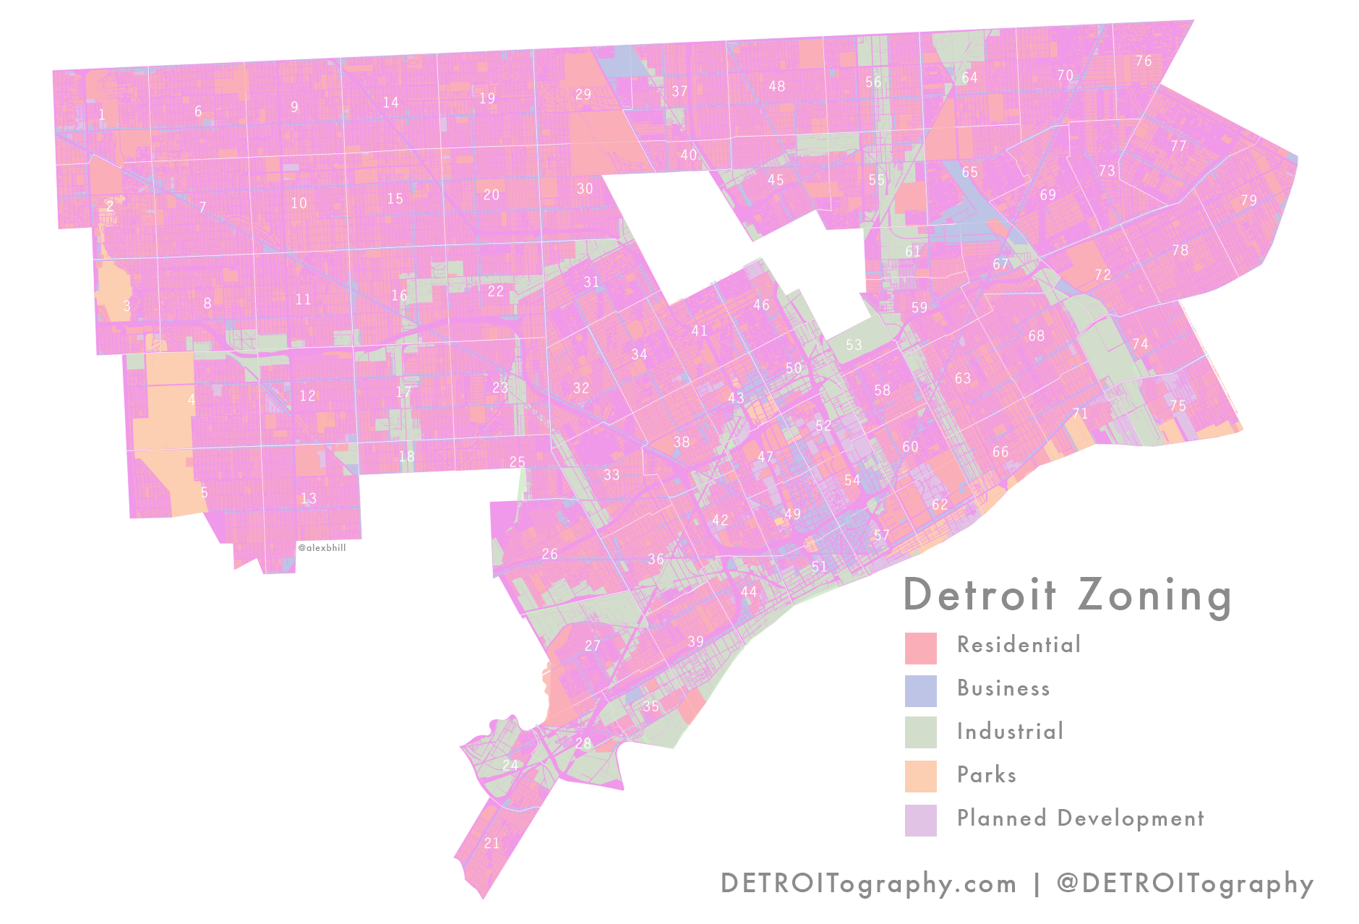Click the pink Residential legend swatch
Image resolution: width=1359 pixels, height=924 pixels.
[x=920, y=648]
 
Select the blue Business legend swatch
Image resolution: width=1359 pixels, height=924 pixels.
[x=920, y=691]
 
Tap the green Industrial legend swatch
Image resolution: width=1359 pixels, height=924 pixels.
[x=920, y=732]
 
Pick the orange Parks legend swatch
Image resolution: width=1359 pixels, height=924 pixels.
[x=920, y=777]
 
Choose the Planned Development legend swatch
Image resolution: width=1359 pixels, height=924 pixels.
[x=920, y=820]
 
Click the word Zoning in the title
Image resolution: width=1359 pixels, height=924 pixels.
[x=1154, y=596]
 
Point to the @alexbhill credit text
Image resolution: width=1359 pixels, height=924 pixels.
[x=322, y=548]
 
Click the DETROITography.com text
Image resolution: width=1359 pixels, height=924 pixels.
[x=868, y=884]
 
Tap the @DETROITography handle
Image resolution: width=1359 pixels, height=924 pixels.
[x=1185, y=884]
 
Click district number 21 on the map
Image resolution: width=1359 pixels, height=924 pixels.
[x=492, y=843]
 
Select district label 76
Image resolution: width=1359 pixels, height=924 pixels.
[x=1144, y=61]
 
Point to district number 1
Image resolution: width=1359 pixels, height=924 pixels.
[x=102, y=115]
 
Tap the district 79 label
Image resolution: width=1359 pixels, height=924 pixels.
[x=1248, y=200]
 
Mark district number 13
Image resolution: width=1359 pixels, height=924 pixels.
[x=309, y=498]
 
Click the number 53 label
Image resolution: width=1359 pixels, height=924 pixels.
[x=854, y=345]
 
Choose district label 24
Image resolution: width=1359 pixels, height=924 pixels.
[x=510, y=765]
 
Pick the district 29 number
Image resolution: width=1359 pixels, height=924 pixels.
[x=583, y=95]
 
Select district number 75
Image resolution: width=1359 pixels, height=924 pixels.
[x=1178, y=406]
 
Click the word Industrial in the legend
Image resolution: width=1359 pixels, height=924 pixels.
[x=1010, y=732]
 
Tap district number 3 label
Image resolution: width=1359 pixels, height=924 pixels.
[x=127, y=306]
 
